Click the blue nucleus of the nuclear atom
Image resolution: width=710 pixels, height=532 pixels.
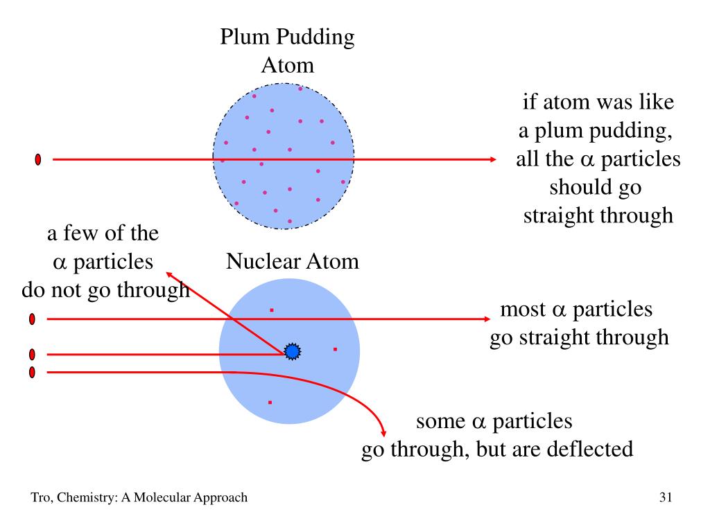tap(293, 351)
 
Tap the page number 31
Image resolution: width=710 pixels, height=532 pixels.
tap(666, 497)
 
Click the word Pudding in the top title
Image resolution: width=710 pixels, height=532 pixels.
tap(315, 37)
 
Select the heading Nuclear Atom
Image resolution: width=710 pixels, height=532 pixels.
tap(293, 261)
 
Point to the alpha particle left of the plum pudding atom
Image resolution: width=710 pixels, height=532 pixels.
tap(38, 159)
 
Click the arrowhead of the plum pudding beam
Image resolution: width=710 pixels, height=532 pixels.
tap(493, 159)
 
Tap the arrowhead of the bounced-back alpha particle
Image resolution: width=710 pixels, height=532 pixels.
tap(169, 274)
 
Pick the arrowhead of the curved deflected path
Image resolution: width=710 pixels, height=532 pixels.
tap(383, 434)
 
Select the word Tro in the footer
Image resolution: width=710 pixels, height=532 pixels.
tap(40, 497)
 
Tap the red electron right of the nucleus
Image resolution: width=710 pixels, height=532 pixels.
tap(335, 349)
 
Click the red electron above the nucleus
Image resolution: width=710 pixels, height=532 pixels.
tap(272, 310)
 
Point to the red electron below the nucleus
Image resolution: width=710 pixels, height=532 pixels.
tap(270, 402)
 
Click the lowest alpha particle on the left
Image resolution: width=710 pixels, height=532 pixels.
tap(32, 372)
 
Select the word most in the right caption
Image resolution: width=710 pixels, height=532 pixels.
tap(523, 310)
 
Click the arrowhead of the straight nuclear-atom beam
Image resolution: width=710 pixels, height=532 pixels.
tap(487, 319)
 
